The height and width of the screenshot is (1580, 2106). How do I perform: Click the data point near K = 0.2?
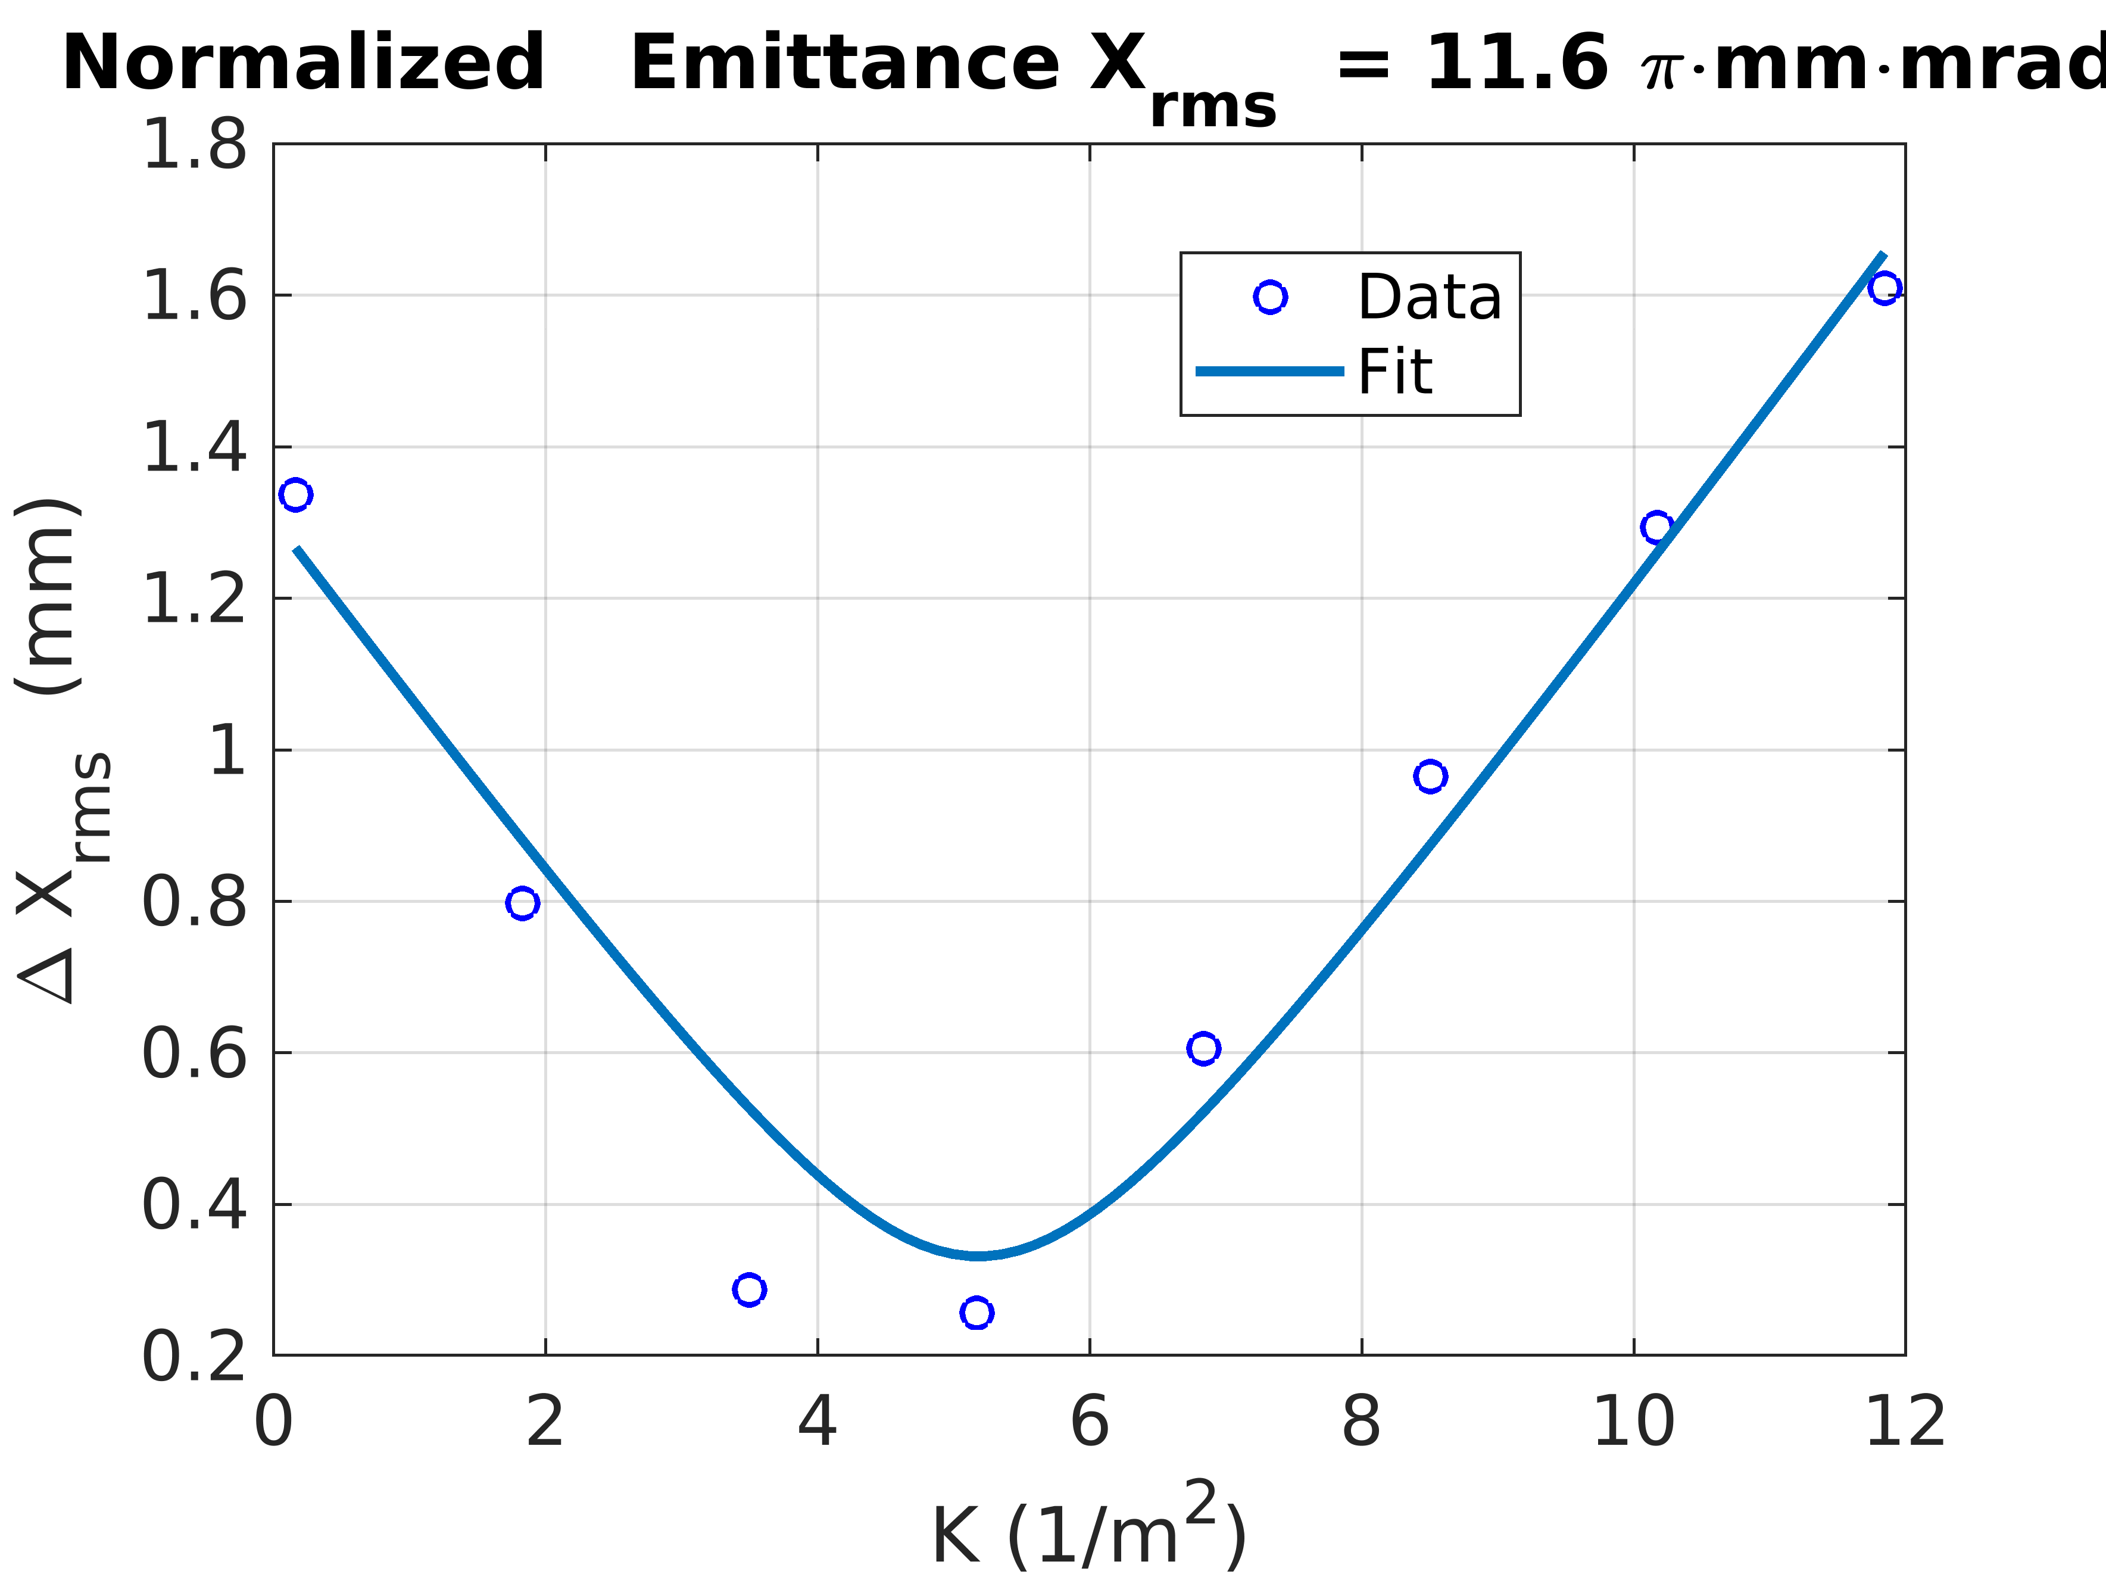click(295, 494)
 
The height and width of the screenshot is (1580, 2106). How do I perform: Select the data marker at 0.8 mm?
click(522, 902)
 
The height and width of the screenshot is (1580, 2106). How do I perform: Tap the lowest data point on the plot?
click(976, 1313)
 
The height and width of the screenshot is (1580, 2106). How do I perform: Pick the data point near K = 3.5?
click(749, 1289)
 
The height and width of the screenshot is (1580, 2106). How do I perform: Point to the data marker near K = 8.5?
click(1430, 776)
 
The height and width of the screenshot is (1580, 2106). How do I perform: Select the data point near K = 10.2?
click(1656, 526)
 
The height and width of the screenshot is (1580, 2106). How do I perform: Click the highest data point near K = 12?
click(1884, 288)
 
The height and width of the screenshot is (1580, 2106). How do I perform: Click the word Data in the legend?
click(1429, 297)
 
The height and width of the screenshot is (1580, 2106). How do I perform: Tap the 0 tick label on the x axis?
click(273, 1423)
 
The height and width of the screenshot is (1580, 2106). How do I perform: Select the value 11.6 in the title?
click(1517, 63)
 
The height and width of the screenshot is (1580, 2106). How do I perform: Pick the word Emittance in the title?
click(844, 63)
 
